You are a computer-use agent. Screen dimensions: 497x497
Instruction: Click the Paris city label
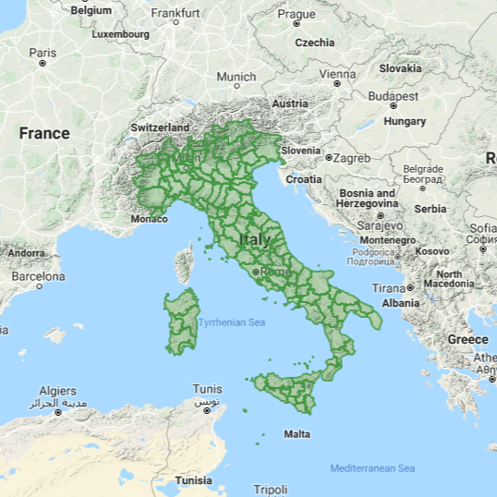click(42, 54)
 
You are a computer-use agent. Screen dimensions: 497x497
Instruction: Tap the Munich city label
click(236, 78)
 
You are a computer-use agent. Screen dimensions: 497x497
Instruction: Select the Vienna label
click(337, 74)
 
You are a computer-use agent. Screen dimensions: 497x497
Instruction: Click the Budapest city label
click(393, 96)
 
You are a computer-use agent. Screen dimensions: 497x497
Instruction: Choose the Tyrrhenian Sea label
click(231, 322)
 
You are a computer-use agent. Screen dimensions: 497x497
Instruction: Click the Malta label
click(297, 434)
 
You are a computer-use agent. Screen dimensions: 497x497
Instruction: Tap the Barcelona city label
click(38, 276)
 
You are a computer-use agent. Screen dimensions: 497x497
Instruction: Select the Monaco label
click(150, 219)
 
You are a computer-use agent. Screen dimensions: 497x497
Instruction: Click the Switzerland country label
click(160, 127)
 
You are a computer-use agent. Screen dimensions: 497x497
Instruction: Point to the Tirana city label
click(389, 288)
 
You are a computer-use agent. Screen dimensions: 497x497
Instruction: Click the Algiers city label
click(57, 390)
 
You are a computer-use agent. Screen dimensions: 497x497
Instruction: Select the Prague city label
click(297, 14)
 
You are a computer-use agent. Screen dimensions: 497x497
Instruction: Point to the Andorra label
click(26, 252)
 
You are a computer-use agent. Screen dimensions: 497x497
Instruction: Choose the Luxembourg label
click(121, 34)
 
